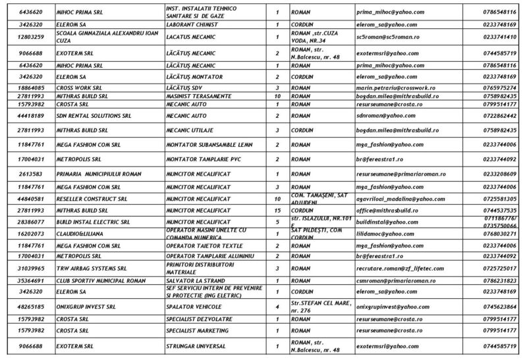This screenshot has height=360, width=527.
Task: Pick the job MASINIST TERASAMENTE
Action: coord(198,95)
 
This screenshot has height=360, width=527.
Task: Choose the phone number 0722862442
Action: coord(499,116)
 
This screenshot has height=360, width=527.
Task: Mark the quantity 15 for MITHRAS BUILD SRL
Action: coord(277,210)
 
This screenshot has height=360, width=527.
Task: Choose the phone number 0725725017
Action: coord(499,269)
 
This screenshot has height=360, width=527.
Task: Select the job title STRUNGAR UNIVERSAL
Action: coord(196,346)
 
